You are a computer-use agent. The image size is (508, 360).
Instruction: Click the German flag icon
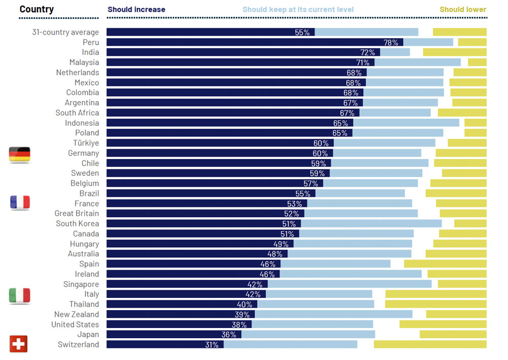(20, 155)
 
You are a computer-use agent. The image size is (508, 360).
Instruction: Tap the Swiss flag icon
(19, 344)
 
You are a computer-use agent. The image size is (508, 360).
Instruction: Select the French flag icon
(20, 202)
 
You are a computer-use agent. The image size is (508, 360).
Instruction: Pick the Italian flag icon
(20, 295)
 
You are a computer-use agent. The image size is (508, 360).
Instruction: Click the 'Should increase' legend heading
(136, 9)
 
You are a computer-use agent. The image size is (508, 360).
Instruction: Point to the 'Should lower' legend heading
(463, 9)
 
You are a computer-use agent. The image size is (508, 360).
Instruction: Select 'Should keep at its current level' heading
(298, 9)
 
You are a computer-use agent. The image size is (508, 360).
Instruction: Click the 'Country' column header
(37, 9)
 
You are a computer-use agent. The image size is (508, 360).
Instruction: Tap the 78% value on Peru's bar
(391, 42)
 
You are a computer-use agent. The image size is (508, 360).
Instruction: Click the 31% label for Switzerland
(212, 345)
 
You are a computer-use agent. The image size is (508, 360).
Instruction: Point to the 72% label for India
(367, 52)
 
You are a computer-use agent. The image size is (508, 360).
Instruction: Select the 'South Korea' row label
(77, 224)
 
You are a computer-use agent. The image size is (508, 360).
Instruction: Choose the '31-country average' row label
(65, 33)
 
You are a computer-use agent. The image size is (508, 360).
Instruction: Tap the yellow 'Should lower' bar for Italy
(436, 294)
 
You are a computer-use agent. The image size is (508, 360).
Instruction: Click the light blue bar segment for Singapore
(350, 284)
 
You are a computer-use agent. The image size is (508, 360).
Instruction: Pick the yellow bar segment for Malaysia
(477, 63)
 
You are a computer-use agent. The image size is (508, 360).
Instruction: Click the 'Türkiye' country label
(86, 143)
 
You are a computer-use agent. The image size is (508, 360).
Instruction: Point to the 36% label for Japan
(229, 335)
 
